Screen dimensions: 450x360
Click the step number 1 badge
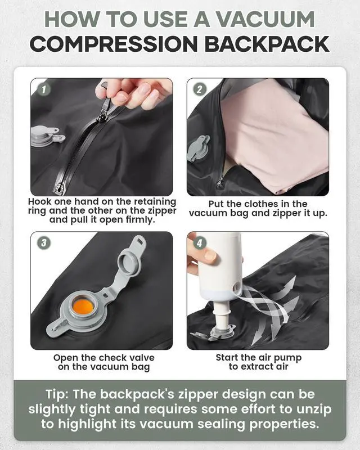[x=44, y=89]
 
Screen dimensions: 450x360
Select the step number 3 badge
[x=44, y=243]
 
